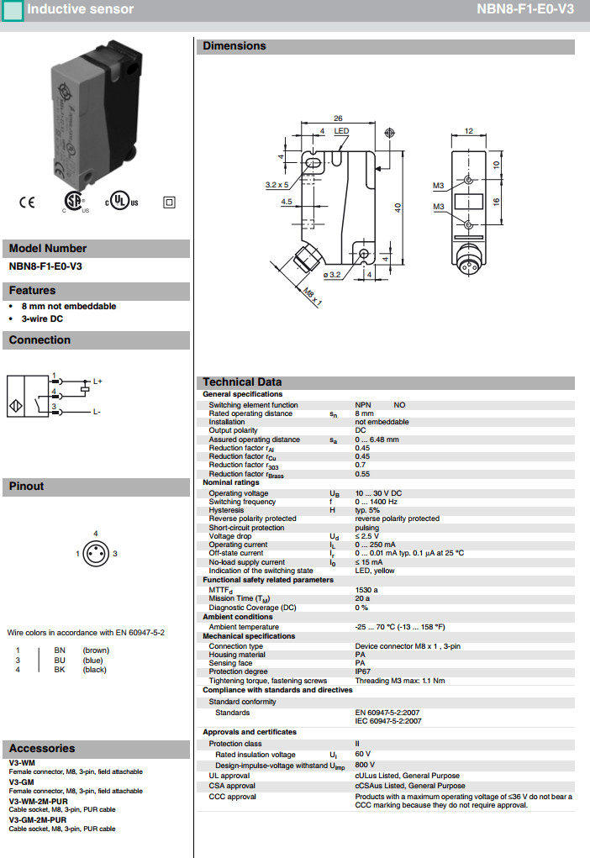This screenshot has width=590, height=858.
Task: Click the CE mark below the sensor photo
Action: coord(27,202)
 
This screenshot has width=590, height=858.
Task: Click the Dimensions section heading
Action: coord(234,46)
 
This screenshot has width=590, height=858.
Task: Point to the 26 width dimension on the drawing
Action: coord(338,118)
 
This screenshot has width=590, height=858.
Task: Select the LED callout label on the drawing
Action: coord(341,132)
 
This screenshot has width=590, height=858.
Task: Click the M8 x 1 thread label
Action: coord(313,295)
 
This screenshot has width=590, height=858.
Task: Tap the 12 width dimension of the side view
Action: coord(469,131)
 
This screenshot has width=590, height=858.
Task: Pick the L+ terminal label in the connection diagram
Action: coord(97,382)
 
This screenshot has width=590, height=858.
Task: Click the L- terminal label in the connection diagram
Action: coord(97,411)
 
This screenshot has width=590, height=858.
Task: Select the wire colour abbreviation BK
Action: coord(60,670)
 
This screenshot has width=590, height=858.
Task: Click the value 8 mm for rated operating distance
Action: coord(364,413)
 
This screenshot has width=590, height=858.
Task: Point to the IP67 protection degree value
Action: coord(363,672)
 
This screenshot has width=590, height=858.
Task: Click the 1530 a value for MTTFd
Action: coord(366,590)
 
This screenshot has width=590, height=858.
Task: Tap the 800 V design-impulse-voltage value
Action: coord(365,766)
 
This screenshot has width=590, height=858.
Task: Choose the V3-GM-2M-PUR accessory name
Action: coord(38,819)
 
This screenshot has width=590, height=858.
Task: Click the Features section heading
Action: coord(33,291)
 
